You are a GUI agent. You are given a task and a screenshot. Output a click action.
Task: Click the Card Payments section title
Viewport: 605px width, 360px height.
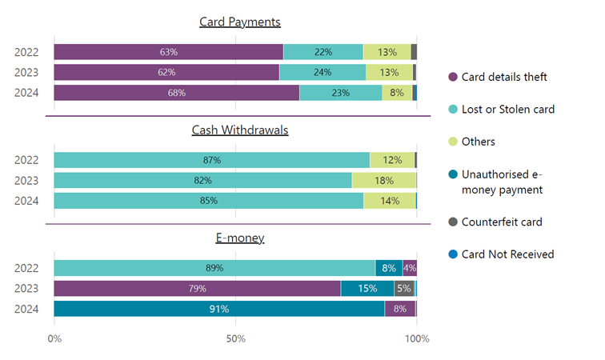[x=239, y=22]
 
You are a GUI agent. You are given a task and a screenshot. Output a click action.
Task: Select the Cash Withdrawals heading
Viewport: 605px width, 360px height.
[x=239, y=130]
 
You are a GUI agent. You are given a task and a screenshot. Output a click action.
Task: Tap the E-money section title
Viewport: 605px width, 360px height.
[x=239, y=238]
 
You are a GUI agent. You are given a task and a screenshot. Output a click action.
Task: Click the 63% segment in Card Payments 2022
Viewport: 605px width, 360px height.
[x=168, y=52]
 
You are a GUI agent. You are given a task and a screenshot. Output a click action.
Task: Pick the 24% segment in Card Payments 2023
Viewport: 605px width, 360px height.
[x=323, y=73]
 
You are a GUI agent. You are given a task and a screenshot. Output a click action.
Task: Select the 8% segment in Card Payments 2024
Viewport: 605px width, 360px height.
[x=397, y=93]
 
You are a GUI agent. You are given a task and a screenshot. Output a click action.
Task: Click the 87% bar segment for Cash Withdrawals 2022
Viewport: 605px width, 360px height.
[x=212, y=160]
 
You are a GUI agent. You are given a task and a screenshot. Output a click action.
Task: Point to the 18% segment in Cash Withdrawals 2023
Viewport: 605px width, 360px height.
[x=384, y=181]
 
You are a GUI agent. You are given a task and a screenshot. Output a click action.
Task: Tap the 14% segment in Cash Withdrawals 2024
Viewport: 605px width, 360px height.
[x=390, y=201]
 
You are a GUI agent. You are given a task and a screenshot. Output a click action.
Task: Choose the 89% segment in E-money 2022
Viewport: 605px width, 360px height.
[x=214, y=268]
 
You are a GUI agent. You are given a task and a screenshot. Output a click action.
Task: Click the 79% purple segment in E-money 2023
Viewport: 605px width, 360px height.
[x=197, y=289]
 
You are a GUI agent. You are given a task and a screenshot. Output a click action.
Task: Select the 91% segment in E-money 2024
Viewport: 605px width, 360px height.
[x=219, y=309]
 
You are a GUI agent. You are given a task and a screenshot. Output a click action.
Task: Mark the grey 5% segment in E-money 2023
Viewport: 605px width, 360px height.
[x=404, y=289]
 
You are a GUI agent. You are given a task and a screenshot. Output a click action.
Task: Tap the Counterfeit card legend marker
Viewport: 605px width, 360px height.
[x=453, y=222]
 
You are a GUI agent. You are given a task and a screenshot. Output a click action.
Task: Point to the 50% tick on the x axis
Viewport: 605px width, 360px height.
[x=235, y=339]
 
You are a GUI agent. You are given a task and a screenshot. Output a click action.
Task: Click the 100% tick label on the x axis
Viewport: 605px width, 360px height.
[x=417, y=339]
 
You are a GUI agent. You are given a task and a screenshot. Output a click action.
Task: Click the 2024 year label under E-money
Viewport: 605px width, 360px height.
[x=27, y=309]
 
